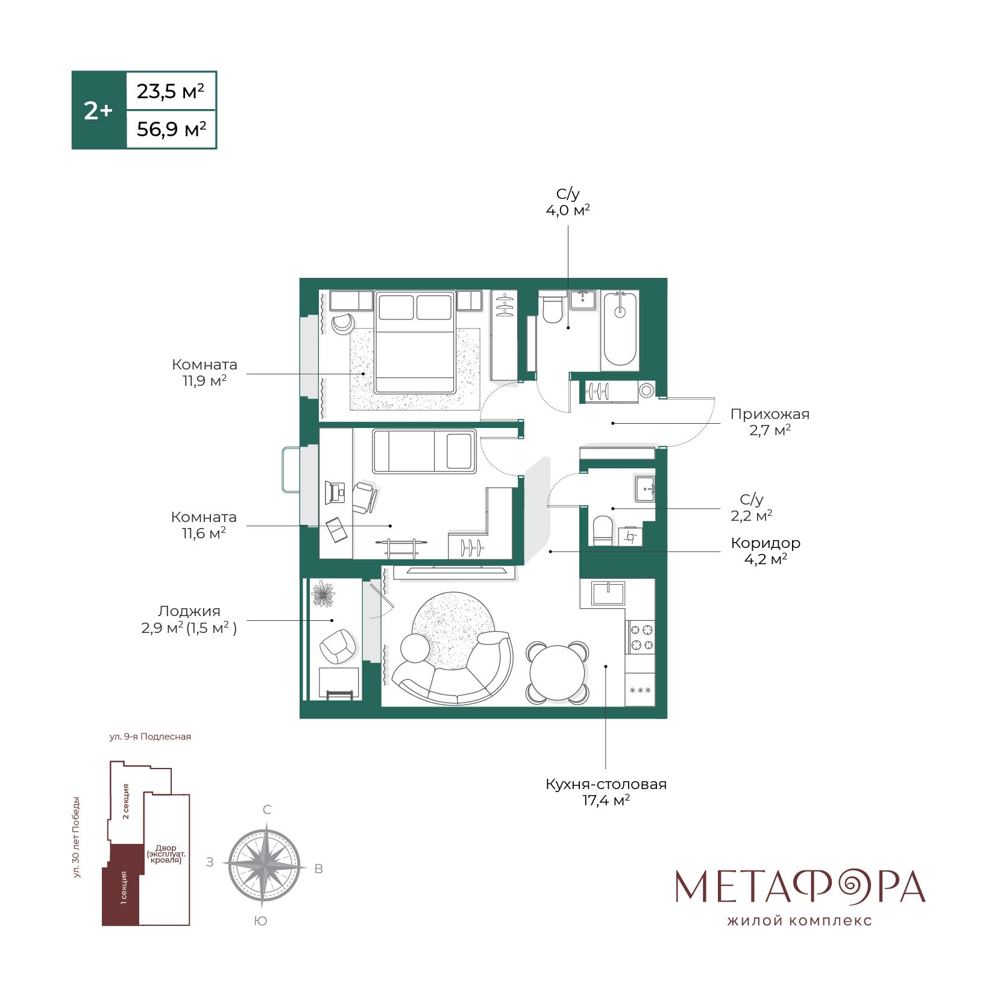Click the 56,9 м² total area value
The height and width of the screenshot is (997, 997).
(x=171, y=128)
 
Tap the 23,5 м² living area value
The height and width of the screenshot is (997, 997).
(x=171, y=91)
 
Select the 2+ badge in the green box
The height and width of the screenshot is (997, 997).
(x=98, y=110)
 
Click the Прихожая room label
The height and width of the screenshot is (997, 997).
(x=770, y=414)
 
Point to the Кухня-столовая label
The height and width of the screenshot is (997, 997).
(x=606, y=784)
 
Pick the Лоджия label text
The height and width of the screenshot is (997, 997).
(x=189, y=611)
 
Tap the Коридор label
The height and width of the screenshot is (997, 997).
(x=766, y=543)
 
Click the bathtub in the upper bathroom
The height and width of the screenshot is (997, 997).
(x=620, y=330)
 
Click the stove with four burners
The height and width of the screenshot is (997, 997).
(x=641, y=638)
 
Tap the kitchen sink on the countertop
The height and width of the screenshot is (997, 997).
(x=608, y=593)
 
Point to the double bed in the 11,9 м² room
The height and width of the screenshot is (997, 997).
(x=414, y=342)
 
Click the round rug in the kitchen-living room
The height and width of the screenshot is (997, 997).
(x=453, y=626)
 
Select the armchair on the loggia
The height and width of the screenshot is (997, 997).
(x=338, y=646)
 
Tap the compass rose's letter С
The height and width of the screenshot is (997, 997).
(x=267, y=810)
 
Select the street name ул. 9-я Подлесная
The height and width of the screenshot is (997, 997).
(x=150, y=737)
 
